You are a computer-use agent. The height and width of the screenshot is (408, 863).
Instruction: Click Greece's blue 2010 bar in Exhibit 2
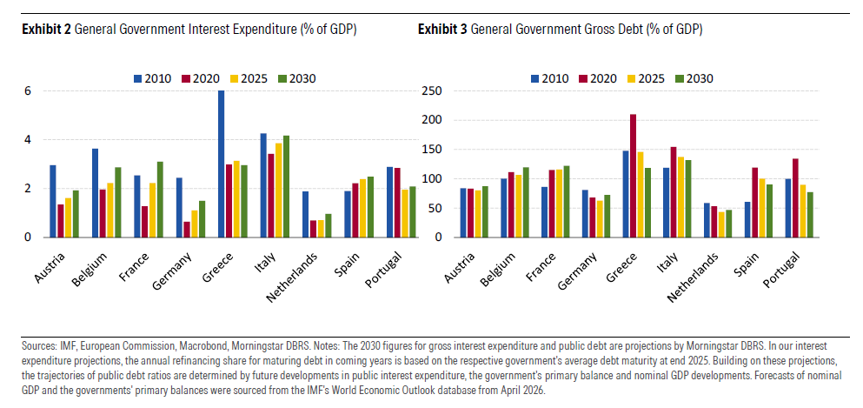(x=222, y=164)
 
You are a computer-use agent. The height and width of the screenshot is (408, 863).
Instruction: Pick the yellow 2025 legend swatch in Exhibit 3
(x=630, y=78)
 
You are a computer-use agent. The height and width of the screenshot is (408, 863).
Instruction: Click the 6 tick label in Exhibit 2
(x=26, y=90)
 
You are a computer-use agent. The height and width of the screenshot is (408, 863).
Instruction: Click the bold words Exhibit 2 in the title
(x=46, y=30)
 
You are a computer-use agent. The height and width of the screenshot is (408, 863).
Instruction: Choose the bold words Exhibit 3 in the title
(x=442, y=30)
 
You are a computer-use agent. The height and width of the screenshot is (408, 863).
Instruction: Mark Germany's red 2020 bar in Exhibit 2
(x=187, y=230)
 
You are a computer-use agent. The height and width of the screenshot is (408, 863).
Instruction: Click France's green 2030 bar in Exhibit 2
(x=160, y=199)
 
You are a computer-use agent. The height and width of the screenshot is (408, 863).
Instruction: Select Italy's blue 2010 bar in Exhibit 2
(x=263, y=185)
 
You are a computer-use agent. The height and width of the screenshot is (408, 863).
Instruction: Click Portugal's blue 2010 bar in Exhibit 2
(x=390, y=202)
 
